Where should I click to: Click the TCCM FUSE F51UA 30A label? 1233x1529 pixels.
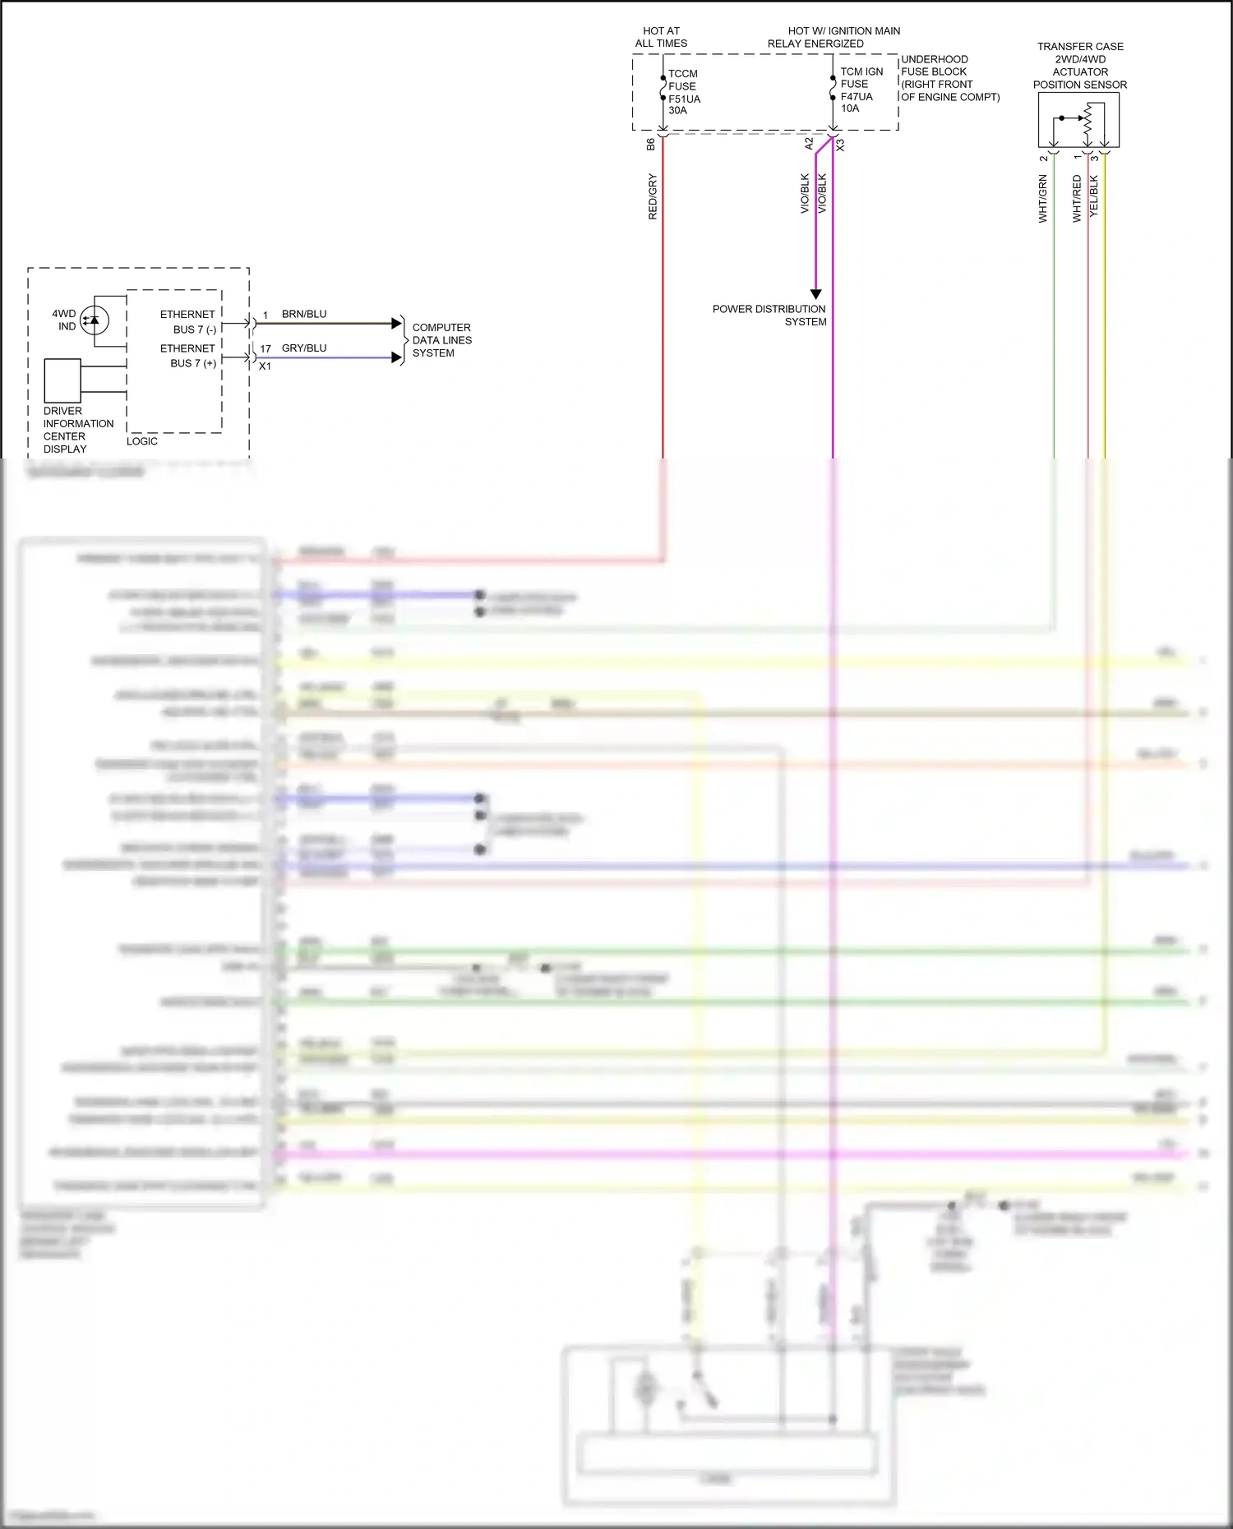[x=683, y=92]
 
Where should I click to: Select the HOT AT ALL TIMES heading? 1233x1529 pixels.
[x=661, y=37]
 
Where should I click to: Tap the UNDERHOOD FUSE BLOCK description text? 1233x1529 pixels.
[x=949, y=78]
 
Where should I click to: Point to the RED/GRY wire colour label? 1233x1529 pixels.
[x=653, y=196]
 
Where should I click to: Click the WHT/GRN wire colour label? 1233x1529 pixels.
[x=1043, y=199]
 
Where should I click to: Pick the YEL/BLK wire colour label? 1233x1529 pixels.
[x=1094, y=196]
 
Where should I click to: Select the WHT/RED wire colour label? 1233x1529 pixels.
[x=1077, y=199]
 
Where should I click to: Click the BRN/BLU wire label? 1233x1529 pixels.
[x=304, y=314]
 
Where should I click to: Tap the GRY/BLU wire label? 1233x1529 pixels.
[x=304, y=348]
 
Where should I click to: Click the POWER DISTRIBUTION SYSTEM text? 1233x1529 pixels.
[x=769, y=315]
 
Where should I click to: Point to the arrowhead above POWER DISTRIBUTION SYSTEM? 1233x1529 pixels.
[x=816, y=293]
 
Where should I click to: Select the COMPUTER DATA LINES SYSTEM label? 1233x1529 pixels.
[x=441, y=340]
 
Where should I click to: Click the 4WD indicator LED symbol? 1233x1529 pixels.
[x=94, y=320]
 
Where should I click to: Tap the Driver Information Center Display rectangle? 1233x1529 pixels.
[x=62, y=380]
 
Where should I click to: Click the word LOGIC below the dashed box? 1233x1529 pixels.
[x=142, y=441]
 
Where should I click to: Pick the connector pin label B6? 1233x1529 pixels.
[x=651, y=144]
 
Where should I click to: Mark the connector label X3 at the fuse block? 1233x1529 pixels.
[x=840, y=145]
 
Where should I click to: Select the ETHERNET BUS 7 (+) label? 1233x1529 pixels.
[x=189, y=356]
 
